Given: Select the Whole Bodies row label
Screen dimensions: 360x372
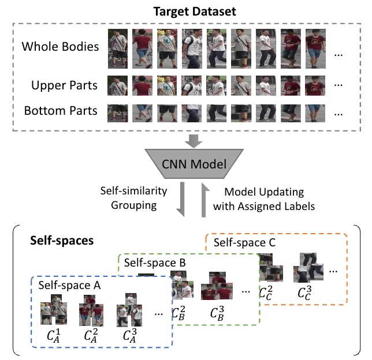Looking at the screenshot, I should pos(61,47).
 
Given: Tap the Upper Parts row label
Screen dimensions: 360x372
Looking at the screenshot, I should pos(64,86).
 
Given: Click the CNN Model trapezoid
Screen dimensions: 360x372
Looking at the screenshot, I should pos(186,165).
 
